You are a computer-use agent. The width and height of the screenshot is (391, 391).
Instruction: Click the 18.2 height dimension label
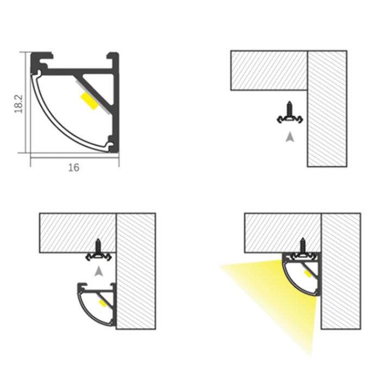[18, 104]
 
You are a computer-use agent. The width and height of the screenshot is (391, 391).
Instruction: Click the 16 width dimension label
[74, 168]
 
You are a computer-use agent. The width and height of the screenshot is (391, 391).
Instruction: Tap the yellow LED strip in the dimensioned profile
[89, 101]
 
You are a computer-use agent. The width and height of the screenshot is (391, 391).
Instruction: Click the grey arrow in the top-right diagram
[290, 137]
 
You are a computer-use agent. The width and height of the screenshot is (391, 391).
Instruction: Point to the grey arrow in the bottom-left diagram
[99, 271]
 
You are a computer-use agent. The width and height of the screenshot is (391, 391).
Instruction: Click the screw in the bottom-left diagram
[98, 250]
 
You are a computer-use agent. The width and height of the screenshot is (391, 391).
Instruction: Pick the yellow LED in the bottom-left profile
[103, 304]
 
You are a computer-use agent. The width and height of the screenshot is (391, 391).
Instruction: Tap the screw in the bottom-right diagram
[302, 249]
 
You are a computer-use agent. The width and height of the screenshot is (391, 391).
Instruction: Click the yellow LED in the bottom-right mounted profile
[308, 274]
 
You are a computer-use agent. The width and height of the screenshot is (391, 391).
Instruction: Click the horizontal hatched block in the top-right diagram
[269, 70]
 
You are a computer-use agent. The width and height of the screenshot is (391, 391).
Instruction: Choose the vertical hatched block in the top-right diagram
[327, 109]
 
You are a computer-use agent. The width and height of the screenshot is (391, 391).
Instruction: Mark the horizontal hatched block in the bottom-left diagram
[78, 233]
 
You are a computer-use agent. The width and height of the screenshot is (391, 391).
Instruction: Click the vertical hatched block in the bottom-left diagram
[136, 271]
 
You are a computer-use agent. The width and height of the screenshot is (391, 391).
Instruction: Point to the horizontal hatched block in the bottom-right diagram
[282, 233]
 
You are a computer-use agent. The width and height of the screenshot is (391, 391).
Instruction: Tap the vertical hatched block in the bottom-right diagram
[341, 271]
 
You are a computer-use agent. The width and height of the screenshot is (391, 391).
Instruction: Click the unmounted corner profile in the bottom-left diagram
[97, 305]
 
